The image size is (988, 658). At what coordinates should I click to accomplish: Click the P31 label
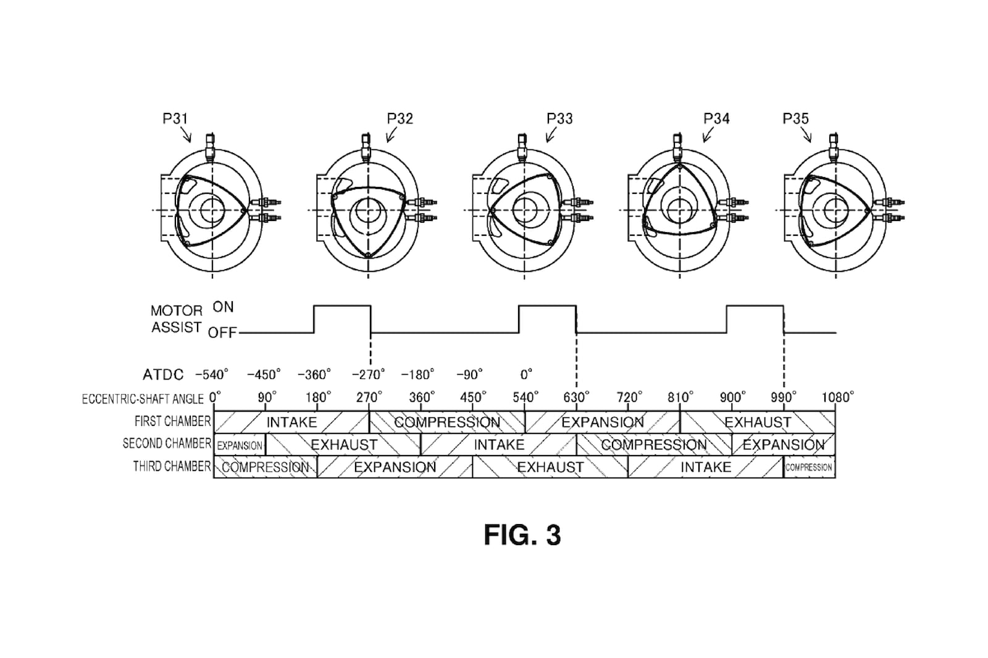tap(175, 119)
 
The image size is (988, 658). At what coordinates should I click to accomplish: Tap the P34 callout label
tap(716, 119)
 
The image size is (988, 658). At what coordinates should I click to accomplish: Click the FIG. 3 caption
tap(522, 535)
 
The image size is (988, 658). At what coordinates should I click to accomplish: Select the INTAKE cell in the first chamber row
tap(291, 422)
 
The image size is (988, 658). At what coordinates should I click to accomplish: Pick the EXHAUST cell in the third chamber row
tap(550, 467)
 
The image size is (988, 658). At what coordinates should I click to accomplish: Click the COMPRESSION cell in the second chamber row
tap(654, 444)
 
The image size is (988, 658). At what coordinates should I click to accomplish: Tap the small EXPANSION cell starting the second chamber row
tap(240, 445)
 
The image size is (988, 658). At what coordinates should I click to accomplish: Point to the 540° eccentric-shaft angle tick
tap(525, 398)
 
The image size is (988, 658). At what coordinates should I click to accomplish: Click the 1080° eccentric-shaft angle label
tap(837, 398)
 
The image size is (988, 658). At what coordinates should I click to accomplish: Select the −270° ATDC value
tap(368, 375)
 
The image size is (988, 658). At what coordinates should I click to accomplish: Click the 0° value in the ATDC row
tap(526, 375)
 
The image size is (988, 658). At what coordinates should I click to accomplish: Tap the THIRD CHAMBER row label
tap(172, 466)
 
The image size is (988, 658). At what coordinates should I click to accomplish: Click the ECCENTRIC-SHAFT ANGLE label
tap(143, 399)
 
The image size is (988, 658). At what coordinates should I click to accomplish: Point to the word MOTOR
tap(177, 311)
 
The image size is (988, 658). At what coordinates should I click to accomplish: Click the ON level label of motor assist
tap(223, 307)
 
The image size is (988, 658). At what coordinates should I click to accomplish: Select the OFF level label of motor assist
tap(222, 333)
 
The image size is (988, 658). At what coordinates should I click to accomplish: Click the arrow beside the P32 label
tap(391, 135)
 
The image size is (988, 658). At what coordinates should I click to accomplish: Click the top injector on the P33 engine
tap(522, 148)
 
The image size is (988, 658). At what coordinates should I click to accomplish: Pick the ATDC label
tap(163, 375)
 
